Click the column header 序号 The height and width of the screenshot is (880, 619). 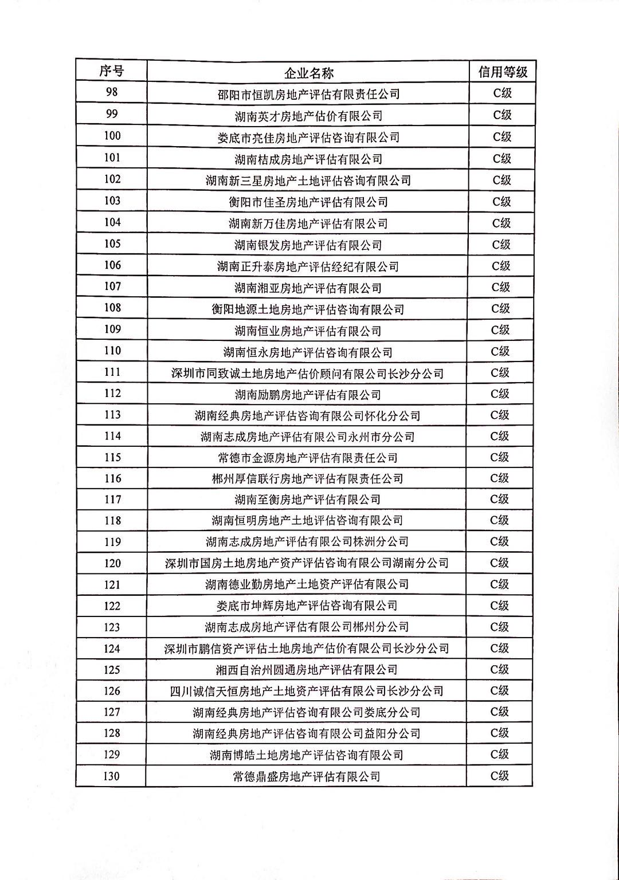tap(111, 71)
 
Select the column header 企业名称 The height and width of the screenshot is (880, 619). tap(308, 73)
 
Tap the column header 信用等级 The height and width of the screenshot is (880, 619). tap(503, 72)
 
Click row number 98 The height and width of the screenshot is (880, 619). tap(112, 92)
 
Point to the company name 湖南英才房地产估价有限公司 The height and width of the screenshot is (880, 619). tap(308, 116)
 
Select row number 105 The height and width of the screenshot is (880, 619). tap(112, 243)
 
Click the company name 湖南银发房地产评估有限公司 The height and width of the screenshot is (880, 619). tap(308, 245)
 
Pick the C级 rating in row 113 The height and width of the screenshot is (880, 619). tap(500, 415)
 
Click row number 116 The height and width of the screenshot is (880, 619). tap(112, 478)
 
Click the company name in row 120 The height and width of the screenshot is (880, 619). tap(307, 563)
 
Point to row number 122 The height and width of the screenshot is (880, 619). tap(112, 606)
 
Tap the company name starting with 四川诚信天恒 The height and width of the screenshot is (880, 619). tap(307, 691)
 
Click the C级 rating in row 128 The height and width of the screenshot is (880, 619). tap(500, 733)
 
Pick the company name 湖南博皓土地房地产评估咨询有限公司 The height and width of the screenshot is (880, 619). tap(307, 755)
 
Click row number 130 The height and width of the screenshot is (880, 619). tap(112, 776)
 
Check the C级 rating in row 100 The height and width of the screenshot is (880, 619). tap(502, 137)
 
